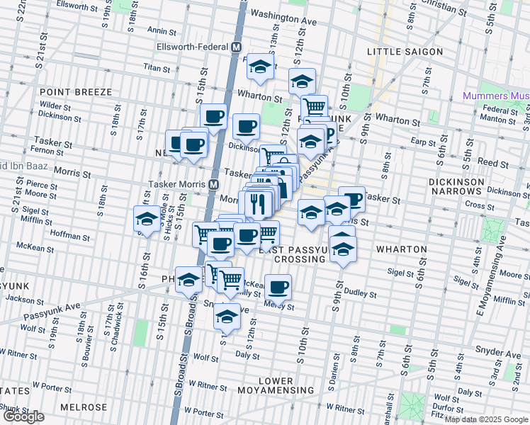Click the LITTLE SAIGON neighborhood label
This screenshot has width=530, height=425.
[405, 52]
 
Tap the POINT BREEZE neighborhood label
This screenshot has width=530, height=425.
[76, 92]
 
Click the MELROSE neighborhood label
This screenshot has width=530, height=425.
[83, 407]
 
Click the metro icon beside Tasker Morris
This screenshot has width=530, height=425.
[213, 184]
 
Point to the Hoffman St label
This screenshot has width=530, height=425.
[69, 233]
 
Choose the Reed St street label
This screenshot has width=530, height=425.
[489, 162]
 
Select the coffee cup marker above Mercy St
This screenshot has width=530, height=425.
[278, 286]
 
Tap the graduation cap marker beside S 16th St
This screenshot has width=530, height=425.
[147, 218]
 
